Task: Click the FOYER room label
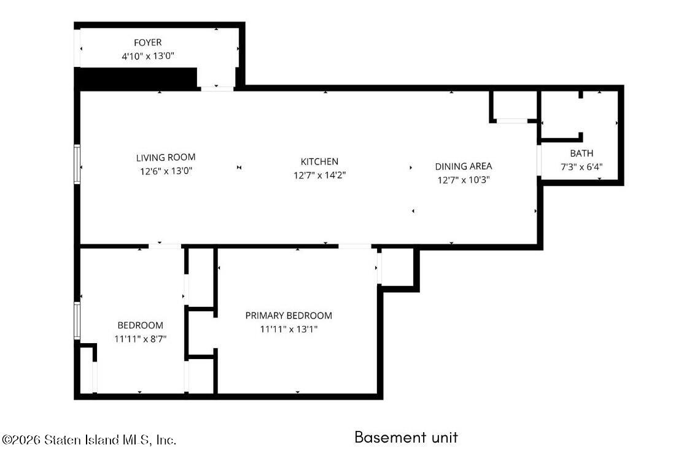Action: click(148, 42)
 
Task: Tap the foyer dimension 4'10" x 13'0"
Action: click(148, 56)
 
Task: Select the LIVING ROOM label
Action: click(166, 157)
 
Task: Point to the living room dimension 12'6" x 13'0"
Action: click(166, 171)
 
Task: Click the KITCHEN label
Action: click(319, 161)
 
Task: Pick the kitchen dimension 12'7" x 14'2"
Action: click(319, 175)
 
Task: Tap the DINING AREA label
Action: click(464, 166)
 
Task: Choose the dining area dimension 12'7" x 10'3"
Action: click(464, 180)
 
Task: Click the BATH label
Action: click(581, 153)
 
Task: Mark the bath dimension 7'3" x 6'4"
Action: click(581, 167)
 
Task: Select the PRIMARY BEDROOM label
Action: click(289, 316)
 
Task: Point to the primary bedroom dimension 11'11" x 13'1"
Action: click(289, 329)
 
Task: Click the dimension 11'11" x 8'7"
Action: click(141, 339)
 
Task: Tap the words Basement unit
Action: click(406, 437)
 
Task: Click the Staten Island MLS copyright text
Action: click(89, 440)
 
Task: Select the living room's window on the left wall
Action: click(77, 164)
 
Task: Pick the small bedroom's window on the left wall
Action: click(77, 320)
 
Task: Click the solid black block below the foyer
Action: click(136, 79)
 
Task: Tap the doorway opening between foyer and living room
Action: click(217, 88)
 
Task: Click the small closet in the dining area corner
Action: click(513, 106)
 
